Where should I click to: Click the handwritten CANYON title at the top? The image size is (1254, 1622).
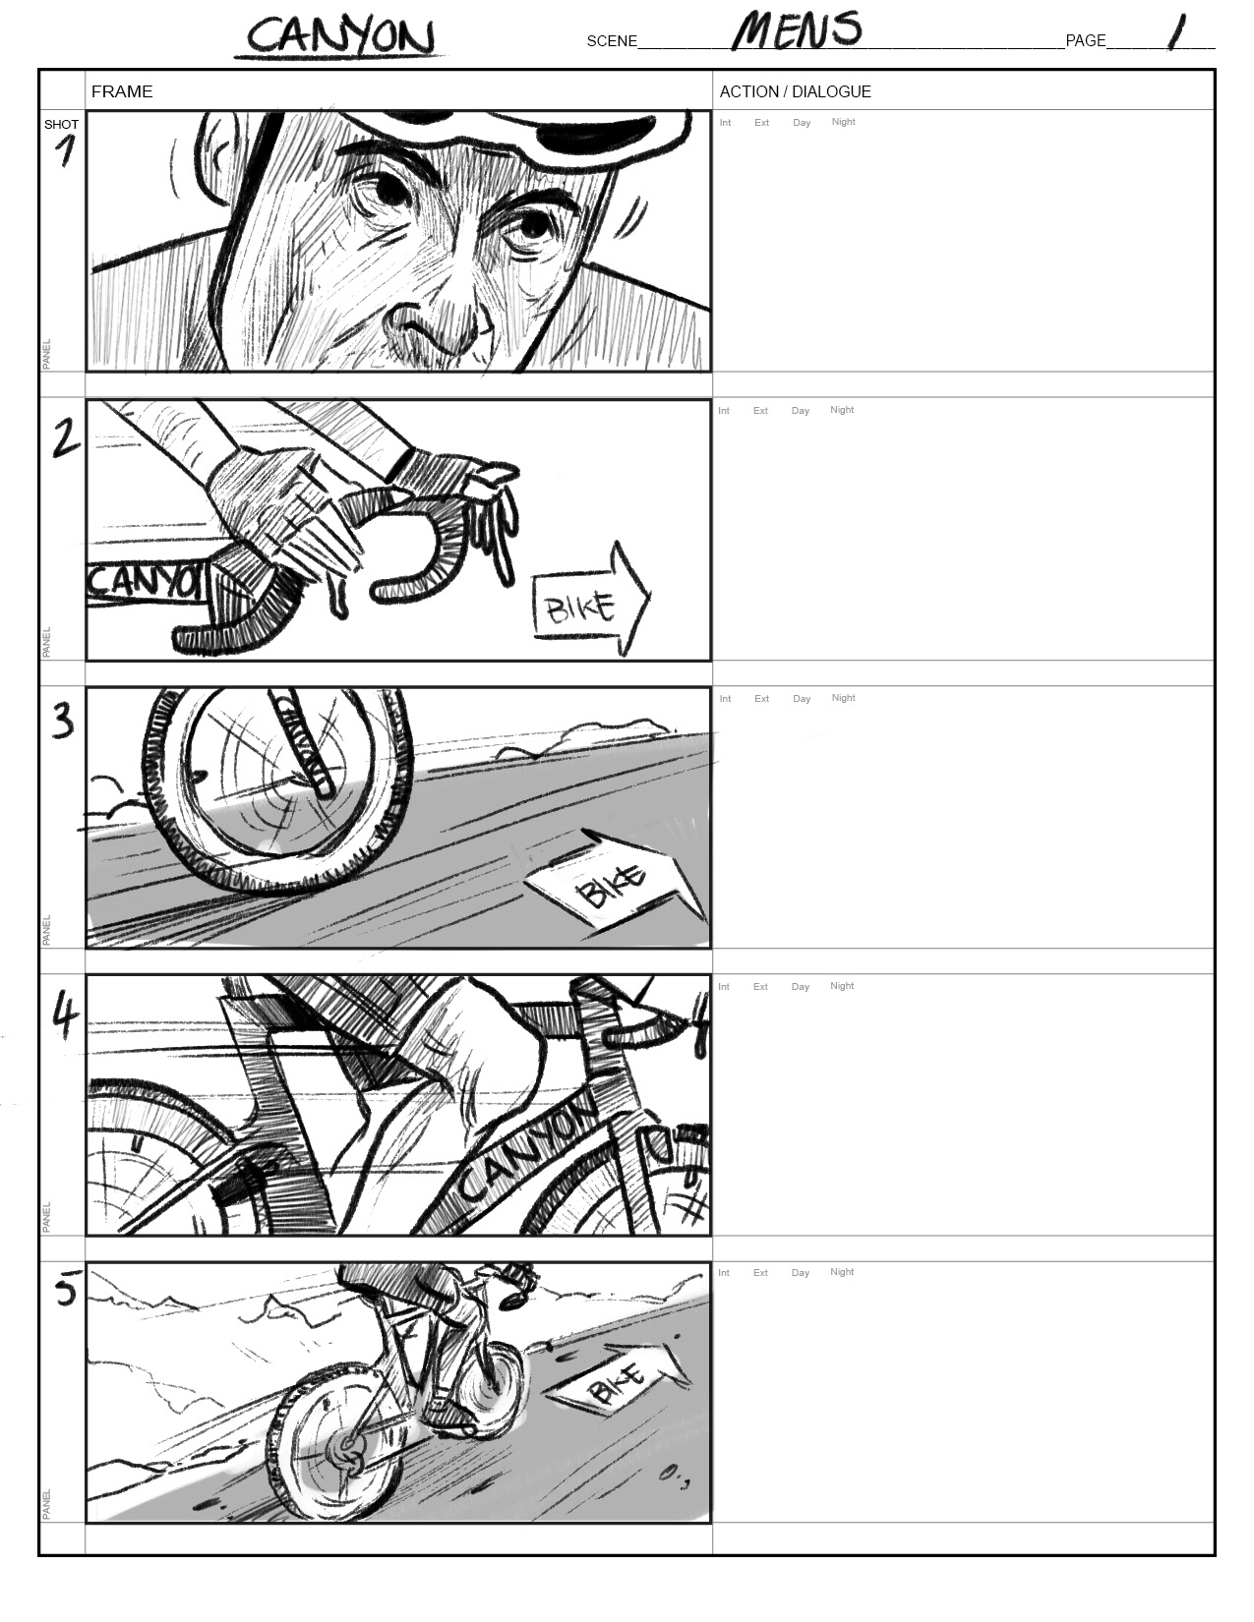coord(340,35)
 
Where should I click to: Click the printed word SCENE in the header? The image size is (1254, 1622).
coord(612,41)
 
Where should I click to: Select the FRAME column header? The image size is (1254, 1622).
coord(122,91)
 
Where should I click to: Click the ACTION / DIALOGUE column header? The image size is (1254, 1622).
coord(796,91)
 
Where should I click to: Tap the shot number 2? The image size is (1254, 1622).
coord(65,438)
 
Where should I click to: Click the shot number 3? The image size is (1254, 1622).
coord(64,722)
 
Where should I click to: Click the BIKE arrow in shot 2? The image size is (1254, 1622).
coord(591,599)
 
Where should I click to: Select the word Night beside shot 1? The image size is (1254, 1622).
coord(843,122)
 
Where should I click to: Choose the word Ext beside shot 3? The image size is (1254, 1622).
coord(761,699)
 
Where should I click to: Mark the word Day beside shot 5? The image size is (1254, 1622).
coord(800,1273)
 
